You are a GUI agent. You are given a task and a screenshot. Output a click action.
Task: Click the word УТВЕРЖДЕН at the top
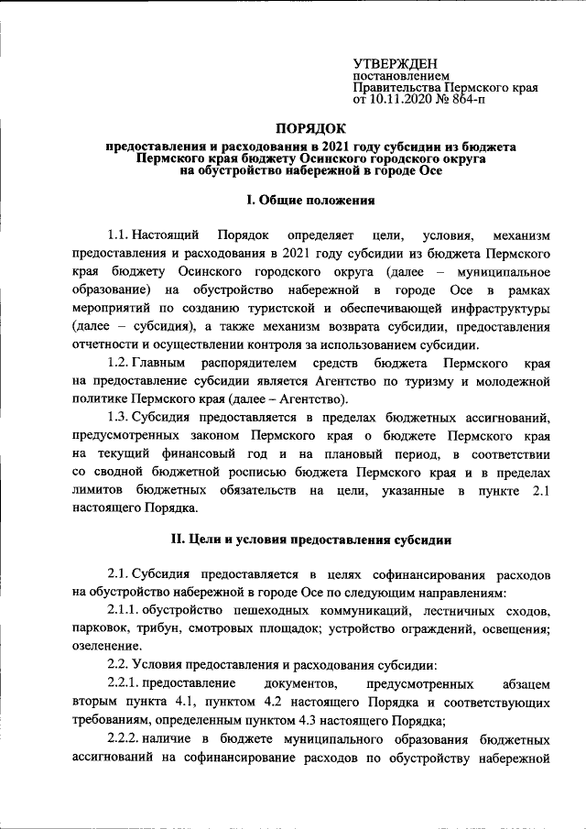(x=398, y=62)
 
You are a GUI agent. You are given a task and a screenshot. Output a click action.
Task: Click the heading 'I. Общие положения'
(x=310, y=200)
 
